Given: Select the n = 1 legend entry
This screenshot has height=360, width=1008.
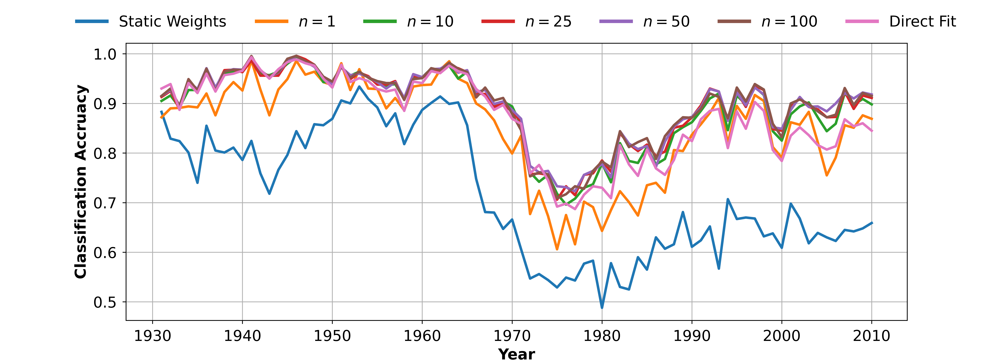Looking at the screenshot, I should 317,21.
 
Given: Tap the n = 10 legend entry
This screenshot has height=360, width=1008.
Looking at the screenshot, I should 430,21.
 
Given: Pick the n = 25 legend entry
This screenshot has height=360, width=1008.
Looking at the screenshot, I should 548,21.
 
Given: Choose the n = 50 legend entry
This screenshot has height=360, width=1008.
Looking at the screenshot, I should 666,21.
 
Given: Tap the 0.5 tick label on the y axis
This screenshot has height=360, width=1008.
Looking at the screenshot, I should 105,303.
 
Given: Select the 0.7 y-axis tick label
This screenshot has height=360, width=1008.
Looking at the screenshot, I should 105,203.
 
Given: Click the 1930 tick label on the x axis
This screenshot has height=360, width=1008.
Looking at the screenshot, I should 153,336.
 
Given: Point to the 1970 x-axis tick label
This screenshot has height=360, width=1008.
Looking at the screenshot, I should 512,336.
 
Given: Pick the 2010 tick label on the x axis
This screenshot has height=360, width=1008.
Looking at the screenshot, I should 872,336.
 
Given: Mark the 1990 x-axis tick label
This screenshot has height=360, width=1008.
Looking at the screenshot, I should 692,336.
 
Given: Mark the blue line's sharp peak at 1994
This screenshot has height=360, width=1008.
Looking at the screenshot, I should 728,199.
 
